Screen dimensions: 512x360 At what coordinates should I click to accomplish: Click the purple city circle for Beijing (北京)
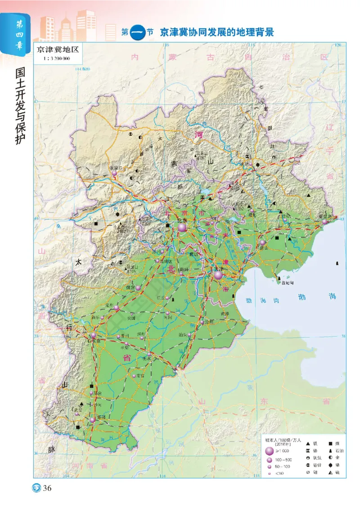click(182, 228)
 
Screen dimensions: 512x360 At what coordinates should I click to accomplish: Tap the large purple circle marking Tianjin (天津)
click(218, 275)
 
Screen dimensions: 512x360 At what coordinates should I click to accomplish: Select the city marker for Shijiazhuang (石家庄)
click(94, 335)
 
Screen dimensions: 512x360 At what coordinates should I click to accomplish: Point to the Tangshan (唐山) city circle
click(262, 243)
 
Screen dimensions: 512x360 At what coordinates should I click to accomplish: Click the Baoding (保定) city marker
click(138, 287)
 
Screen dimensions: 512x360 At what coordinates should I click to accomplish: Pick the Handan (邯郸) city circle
click(92, 419)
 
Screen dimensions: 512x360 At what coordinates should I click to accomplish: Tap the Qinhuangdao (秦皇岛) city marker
click(324, 222)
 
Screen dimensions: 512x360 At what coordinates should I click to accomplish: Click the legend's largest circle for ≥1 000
click(270, 451)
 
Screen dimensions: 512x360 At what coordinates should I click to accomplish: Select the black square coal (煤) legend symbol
click(329, 443)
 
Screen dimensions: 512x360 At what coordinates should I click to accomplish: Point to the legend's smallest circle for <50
click(270, 474)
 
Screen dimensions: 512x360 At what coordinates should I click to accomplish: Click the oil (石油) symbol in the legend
click(329, 451)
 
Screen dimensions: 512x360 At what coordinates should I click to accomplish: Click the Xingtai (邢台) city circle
click(91, 393)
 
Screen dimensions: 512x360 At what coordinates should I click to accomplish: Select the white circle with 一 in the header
click(138, 32)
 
